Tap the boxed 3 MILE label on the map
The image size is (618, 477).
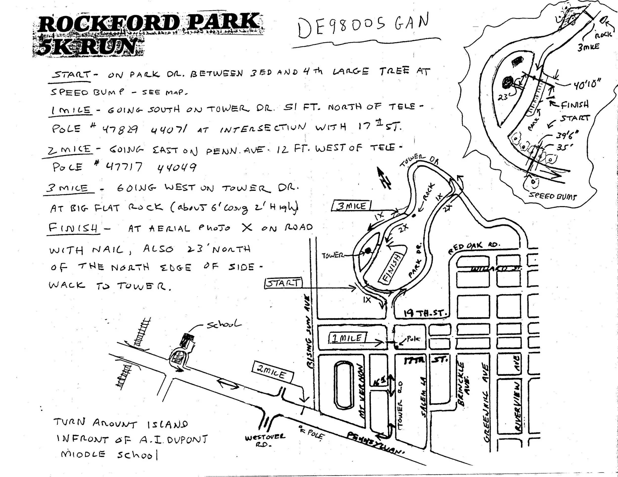tap(351, 206)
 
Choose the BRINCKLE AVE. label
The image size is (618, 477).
tap(463, 384)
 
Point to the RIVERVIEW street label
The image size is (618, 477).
tap(517, 407)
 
